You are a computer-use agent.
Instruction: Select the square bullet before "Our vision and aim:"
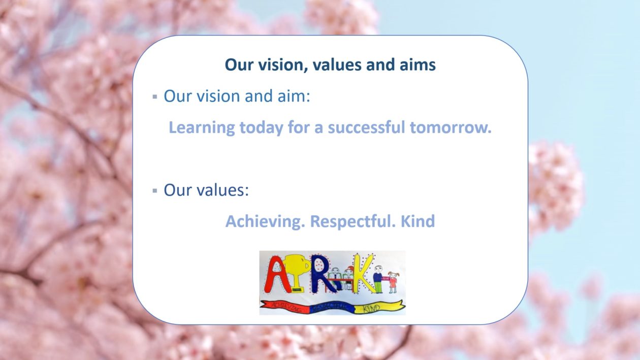tap(154, 96)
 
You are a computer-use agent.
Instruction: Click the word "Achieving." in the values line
tap(265, 222)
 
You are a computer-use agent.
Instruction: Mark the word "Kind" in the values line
tap(418, 222)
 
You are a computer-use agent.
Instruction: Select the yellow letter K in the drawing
tap(364, 274)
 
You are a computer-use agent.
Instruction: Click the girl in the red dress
tap(393, 282)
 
